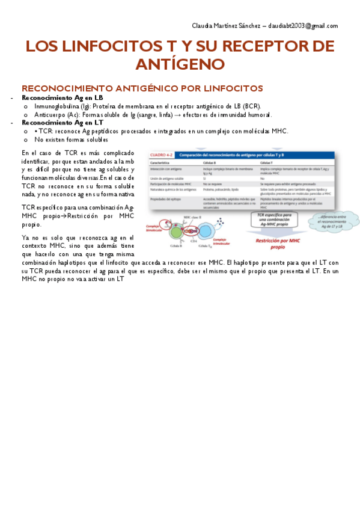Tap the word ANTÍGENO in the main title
coord(180,64)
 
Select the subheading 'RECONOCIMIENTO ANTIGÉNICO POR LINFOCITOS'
coord(142,88)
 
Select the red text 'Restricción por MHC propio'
coord(278,242)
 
